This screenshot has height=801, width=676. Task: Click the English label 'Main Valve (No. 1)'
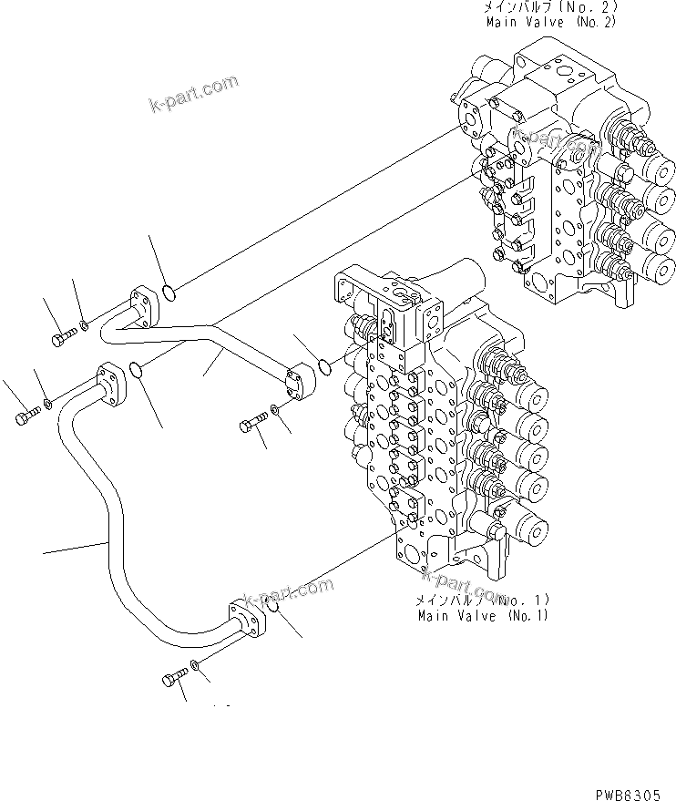pyautogui.click(x=483, y=616)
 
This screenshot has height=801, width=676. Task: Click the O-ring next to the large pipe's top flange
pyautogui.click(x=135, y=369)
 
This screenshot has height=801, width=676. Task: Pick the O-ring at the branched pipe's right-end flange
pyautogui.click(x=323, y=366)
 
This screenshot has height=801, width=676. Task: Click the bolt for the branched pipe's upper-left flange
pyautogui.click(x=61, y=340)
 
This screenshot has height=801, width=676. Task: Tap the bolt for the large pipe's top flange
pyautogui.click(x=24, y=417)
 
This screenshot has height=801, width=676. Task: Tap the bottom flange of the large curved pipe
pyautogui.click(x=245, y=620)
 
